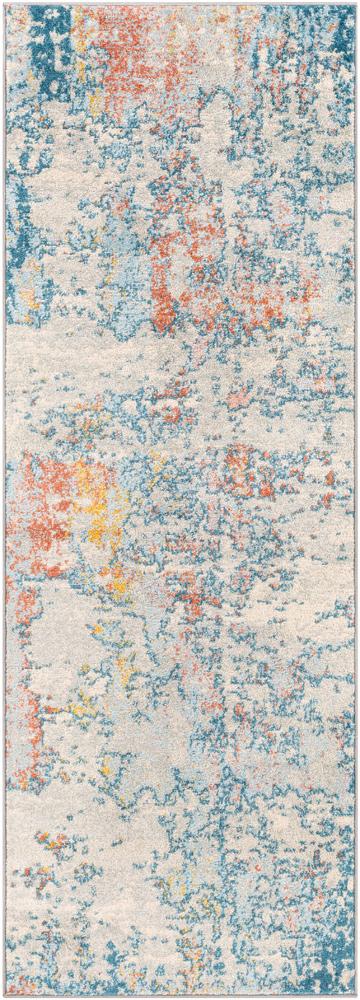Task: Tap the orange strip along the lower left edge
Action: [x=30, y=690]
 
